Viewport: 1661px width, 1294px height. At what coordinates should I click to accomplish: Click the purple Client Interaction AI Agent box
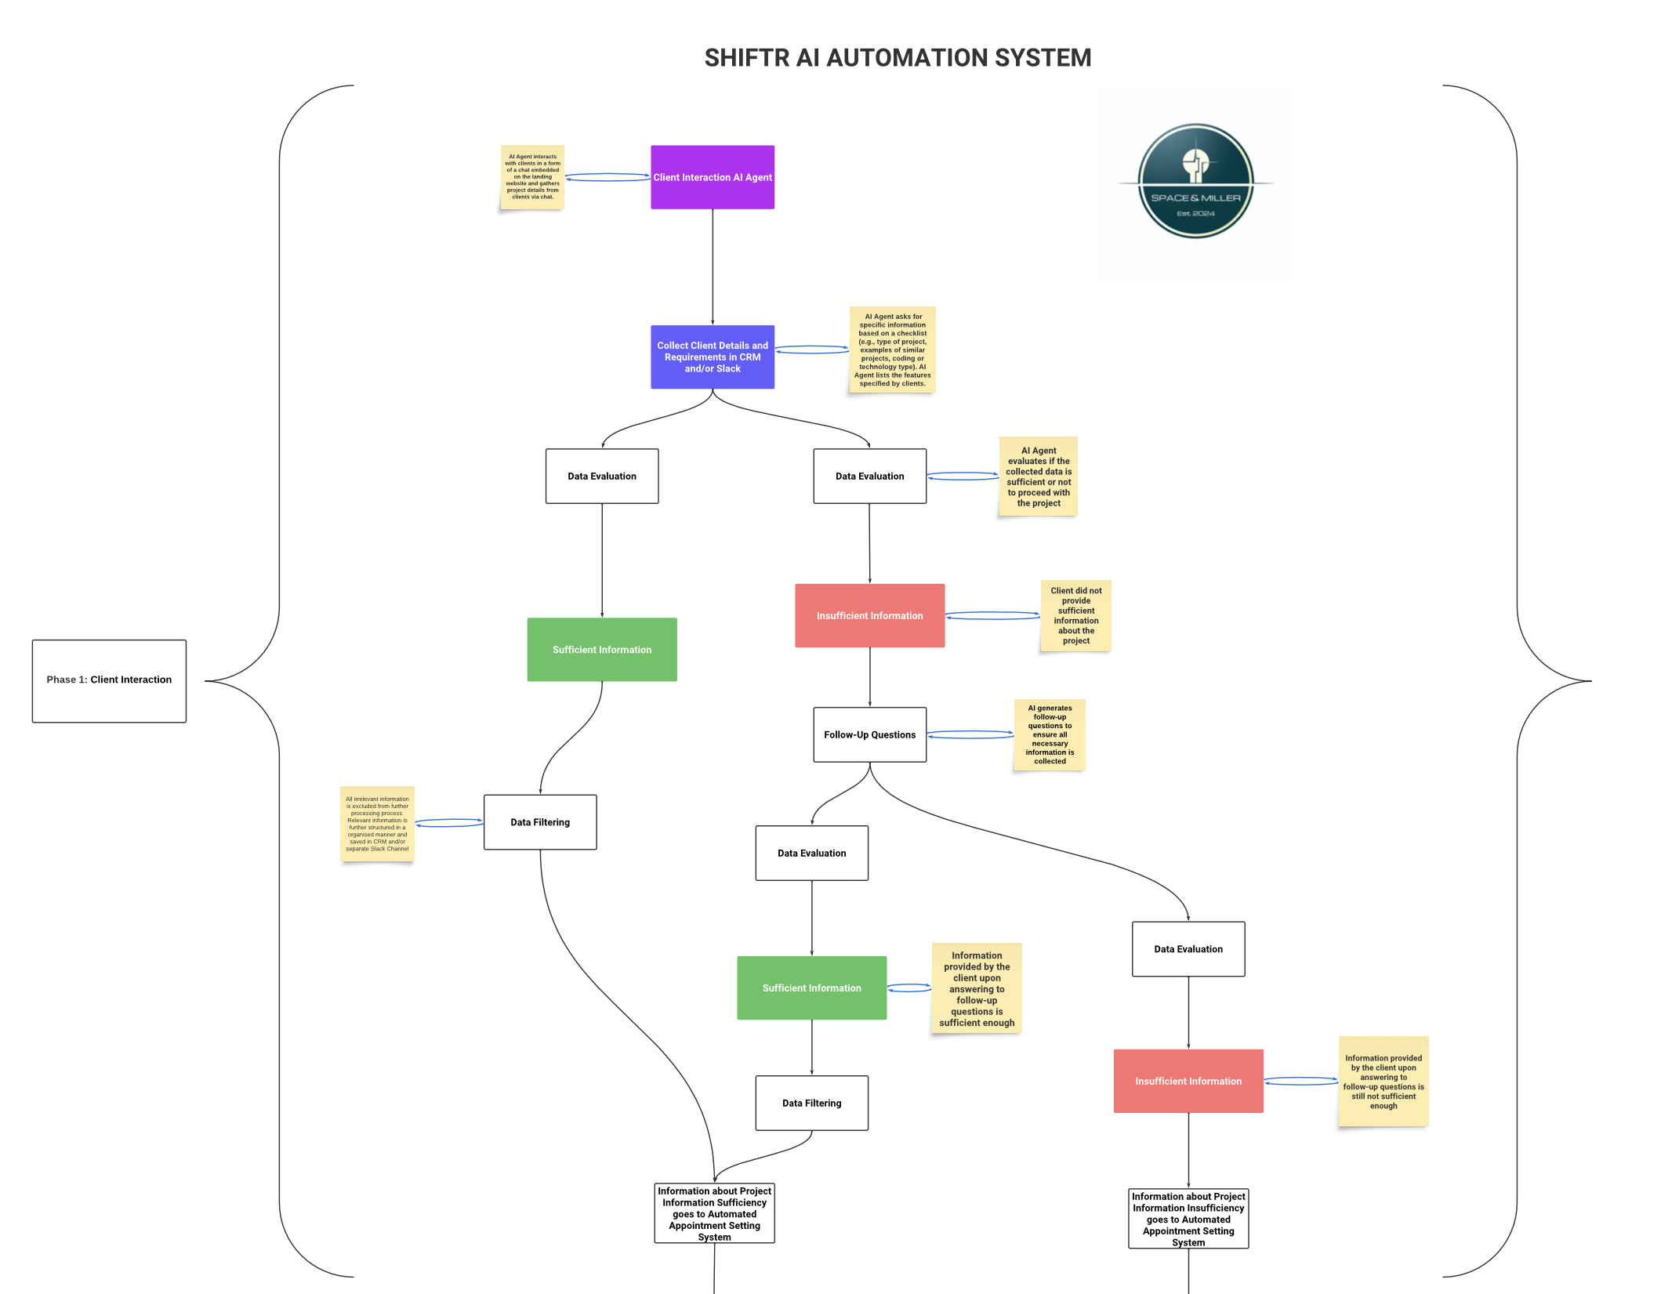tap(712, 177)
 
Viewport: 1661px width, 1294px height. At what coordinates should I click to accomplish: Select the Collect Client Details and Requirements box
tap(712, 357)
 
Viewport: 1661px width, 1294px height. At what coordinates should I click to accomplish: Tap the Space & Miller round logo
tap(1195, 181)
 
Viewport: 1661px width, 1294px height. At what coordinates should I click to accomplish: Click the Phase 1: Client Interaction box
tap(109, 680)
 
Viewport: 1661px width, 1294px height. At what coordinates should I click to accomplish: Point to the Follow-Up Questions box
tap(869, 734)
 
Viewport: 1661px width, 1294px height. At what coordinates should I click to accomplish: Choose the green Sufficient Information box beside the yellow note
tap(811, 988)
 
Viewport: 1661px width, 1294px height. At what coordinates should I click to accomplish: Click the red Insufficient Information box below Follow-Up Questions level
tap(1188, 1081)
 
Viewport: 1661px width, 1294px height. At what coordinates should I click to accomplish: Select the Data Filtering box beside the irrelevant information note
tap(540, 822)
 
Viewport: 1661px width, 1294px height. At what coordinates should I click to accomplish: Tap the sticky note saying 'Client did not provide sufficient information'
tap(1075, 615)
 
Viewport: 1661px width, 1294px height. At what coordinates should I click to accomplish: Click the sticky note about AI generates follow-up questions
tap(1049, 734)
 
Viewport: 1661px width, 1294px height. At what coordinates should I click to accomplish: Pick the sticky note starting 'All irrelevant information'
tap(377, 824)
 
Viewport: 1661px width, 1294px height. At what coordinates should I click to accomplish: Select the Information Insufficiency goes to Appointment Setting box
tap(1188, 1219)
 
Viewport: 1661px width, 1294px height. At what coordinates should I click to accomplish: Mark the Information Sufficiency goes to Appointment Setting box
tap(714, 1213)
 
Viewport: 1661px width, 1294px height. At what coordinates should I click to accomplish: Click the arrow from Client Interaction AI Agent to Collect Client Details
tap(713, 266)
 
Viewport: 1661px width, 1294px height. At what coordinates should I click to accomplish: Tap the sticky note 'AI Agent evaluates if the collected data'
tap(1038, 477)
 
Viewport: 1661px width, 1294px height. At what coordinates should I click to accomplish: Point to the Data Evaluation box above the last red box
tap(1188, 949)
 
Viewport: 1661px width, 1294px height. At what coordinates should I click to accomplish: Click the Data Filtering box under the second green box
tap(811, 1103)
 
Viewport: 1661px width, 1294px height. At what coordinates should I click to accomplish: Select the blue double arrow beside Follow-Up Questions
tap(970, 734)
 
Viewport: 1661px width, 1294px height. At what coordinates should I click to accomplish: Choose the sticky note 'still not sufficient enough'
tap(1383, 1082)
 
